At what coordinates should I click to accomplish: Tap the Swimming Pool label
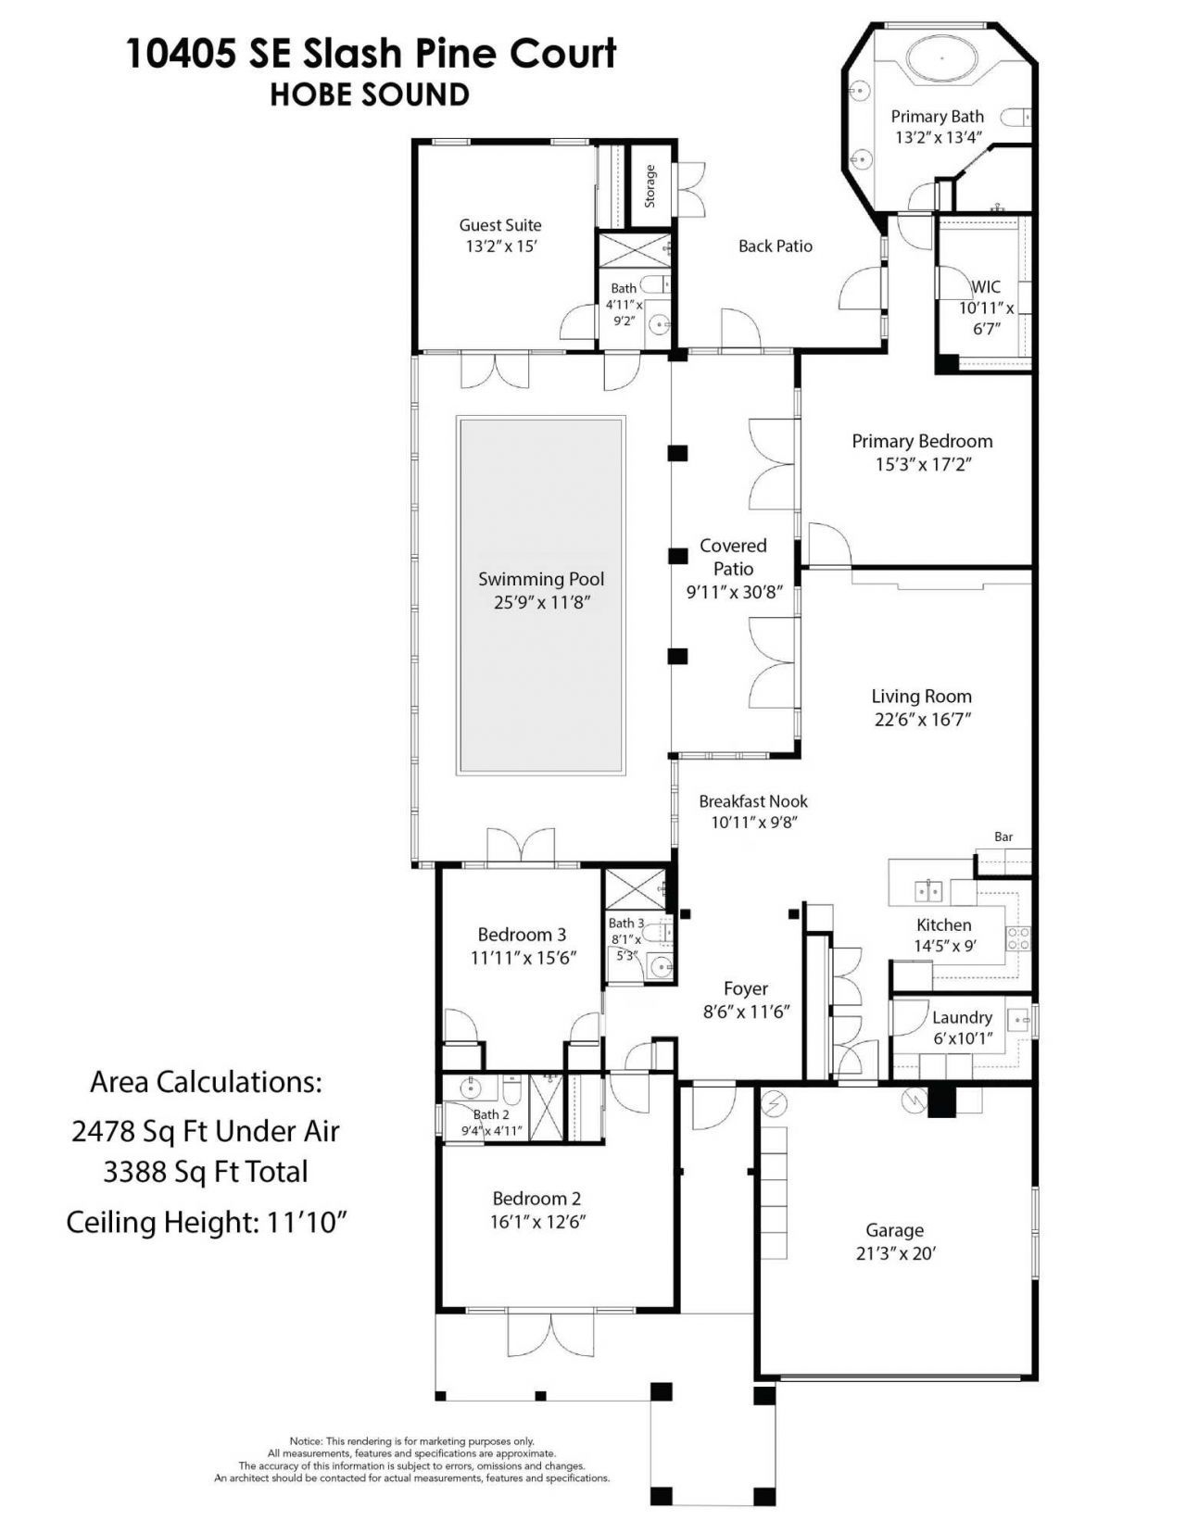(x=541, y=579)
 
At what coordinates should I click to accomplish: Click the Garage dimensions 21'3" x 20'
(x=894, y=1253)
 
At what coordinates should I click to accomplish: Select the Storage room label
(x=650, y=185)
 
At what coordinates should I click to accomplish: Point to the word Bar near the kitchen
(x=1003, y=836)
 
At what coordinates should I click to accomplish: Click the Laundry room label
(x=962, y=1017)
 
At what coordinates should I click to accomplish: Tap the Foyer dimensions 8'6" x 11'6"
(x=746, y=1012)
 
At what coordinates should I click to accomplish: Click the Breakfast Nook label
(x=753, y=801)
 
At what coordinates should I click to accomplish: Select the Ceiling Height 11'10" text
(x=207, y=1223)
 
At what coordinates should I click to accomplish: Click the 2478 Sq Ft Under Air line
(x=206, y=1131)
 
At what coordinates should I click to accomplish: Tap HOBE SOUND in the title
(x=370, y=94)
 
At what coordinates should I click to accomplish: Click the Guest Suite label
(x=500, y=224)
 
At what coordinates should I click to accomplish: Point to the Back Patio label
(x=776, y=245)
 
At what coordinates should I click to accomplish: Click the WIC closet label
(x=987, y=287)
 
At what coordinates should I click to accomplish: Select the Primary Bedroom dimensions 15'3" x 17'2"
(x=922, y=464)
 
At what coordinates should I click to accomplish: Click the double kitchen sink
(x=929, y=891)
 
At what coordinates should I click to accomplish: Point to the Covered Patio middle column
(x=678, y=556)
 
